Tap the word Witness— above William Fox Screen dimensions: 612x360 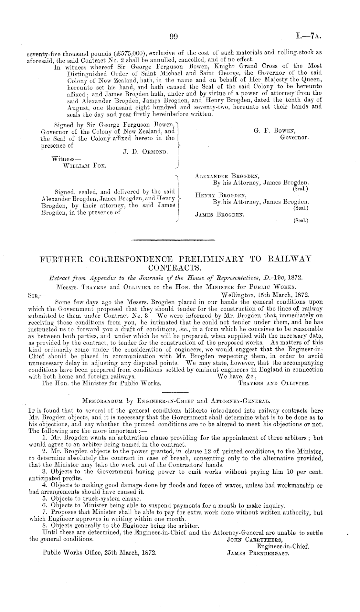(62, 159)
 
